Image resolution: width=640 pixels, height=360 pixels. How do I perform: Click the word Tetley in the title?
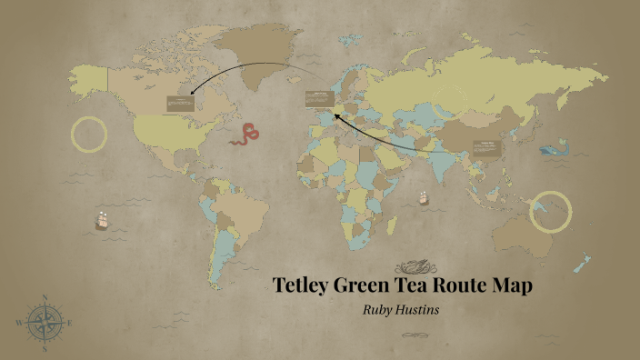(302, 285)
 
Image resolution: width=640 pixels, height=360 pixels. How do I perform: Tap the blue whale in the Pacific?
(555, 149)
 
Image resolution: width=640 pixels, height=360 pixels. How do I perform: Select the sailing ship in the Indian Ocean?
(424, 197)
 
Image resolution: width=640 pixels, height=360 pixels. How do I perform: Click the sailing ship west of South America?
(102, 219)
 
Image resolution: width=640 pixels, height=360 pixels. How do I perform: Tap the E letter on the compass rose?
(70, 322)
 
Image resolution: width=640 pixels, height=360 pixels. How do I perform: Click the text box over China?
(488, 149)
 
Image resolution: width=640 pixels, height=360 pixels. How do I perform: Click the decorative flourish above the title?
(417, 266)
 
